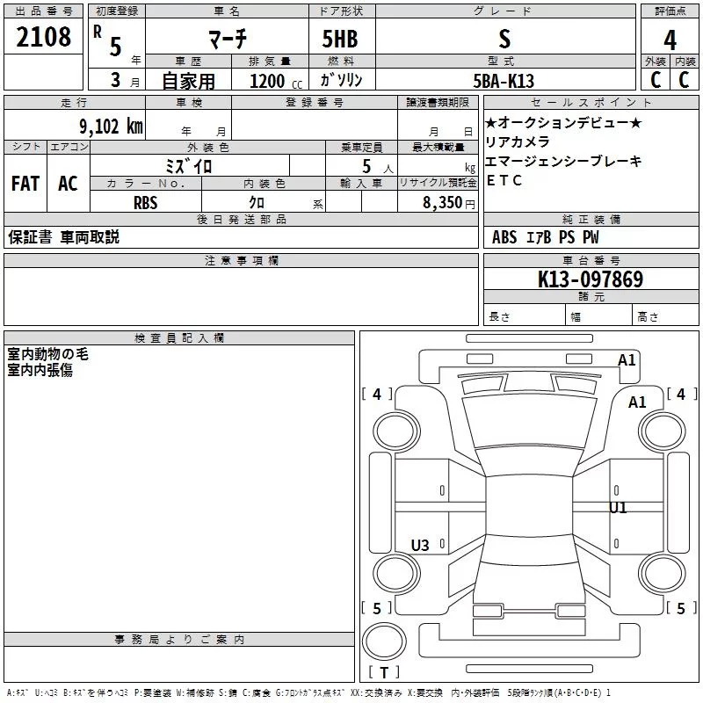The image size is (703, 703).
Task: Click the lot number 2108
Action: click(43, 37)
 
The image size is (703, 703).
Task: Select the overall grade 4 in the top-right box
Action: click(670, 40)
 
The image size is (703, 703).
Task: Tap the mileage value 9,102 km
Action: click(112, 127)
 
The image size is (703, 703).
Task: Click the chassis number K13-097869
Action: click(591, 279)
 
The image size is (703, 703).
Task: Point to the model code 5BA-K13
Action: click(504, 81)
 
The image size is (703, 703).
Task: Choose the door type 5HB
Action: click(340, 39)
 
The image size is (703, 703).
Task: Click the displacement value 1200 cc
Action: click(276, 82)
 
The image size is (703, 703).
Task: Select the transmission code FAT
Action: click(25, 184)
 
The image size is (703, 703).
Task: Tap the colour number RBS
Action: click(146, 203)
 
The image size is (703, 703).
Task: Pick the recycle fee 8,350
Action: click(443, 203)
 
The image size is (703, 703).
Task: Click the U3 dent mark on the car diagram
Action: click(420, 545)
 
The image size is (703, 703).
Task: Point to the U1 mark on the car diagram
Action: click(618, 508)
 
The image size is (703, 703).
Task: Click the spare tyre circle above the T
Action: click(384, 641)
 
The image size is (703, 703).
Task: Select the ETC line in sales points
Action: click(504, 180)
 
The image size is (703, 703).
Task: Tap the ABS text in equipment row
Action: click(504, 237)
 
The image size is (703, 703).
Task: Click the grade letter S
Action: click(504, 39)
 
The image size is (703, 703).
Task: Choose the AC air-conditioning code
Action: click(68, 184)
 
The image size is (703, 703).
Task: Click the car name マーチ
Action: click(228, 39)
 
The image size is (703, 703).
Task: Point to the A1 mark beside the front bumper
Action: click(627, 360)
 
